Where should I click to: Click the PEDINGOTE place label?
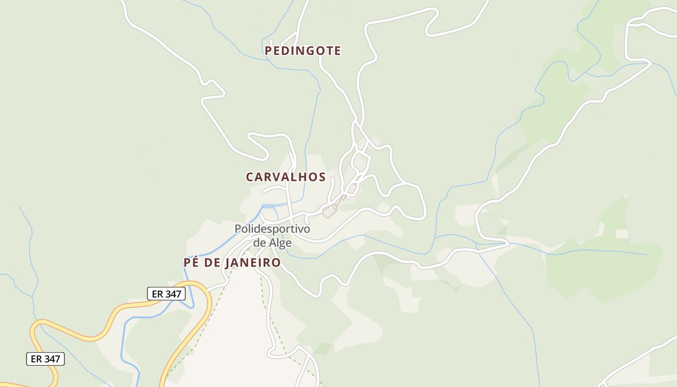(303, 51)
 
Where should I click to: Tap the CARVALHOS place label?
(286, 177)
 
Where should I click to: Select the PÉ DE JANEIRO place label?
(232, 263)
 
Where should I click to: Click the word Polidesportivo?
(272, 229)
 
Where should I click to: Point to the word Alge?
(281, 242)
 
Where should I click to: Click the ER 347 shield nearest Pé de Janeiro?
(166, 294)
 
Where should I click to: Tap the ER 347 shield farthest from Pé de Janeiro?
(45, 359)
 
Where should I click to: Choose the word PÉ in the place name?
(189, 263)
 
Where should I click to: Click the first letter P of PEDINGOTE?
(269, 51)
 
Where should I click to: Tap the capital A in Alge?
(273, 242)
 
